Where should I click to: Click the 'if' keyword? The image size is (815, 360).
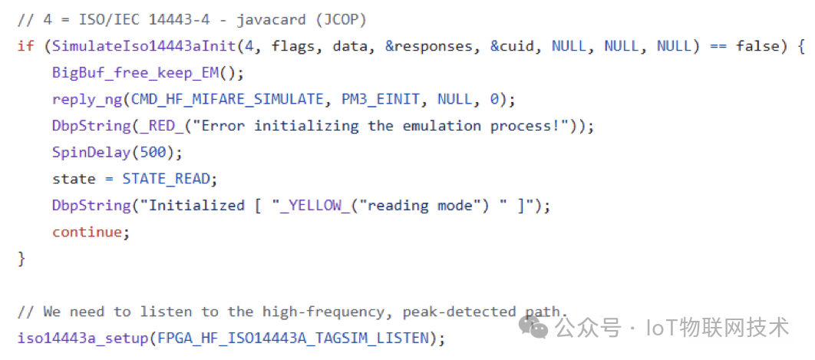[25, 46]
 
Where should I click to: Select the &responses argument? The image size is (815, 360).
[429, 46]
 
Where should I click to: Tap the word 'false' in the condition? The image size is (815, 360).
[757, 46]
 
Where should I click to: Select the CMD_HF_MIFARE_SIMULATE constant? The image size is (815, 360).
[228, 99]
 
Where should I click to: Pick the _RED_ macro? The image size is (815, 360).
[160, 126]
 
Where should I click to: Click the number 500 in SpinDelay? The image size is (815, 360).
[157, 152]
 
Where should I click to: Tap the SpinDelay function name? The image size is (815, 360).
[91, 152]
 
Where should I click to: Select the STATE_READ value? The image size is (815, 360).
[166, 179]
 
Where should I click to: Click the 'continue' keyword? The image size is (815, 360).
[87, 232]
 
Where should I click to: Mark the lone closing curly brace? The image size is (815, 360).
[21, 258]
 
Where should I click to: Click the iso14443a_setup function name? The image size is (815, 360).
[82, 338]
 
